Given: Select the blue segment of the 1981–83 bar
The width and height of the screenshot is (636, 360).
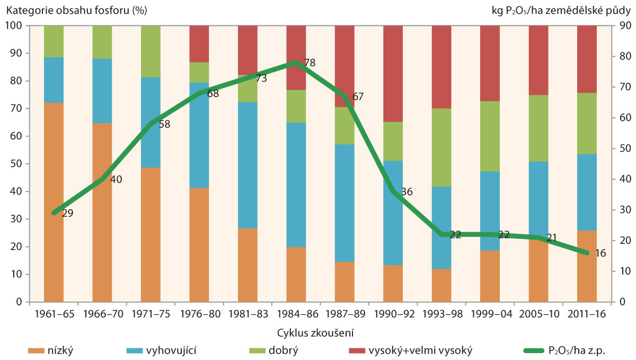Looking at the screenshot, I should tap(248, 165).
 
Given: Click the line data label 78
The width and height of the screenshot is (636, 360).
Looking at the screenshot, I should tap(310, 63).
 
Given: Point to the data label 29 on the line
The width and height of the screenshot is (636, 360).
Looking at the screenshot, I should tap(67, 213).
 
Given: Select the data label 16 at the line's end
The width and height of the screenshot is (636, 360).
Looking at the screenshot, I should tap(599, 253).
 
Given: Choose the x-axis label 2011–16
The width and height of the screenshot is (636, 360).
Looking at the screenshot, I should tap(587, 313).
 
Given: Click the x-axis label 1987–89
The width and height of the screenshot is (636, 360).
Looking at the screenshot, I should tap(345, 313).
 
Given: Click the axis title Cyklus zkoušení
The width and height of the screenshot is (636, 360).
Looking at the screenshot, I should tap(315, 333).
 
